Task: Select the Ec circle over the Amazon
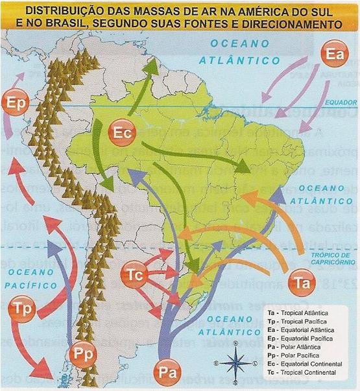tap(123, 132)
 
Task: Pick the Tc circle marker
tap(135, 276)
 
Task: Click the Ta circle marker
tap(302, 283)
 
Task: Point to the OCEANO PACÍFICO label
tap(24, 276)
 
